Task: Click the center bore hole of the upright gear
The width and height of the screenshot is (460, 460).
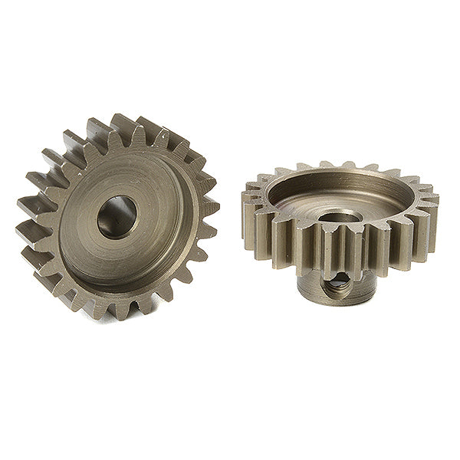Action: (x=116, y=217)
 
